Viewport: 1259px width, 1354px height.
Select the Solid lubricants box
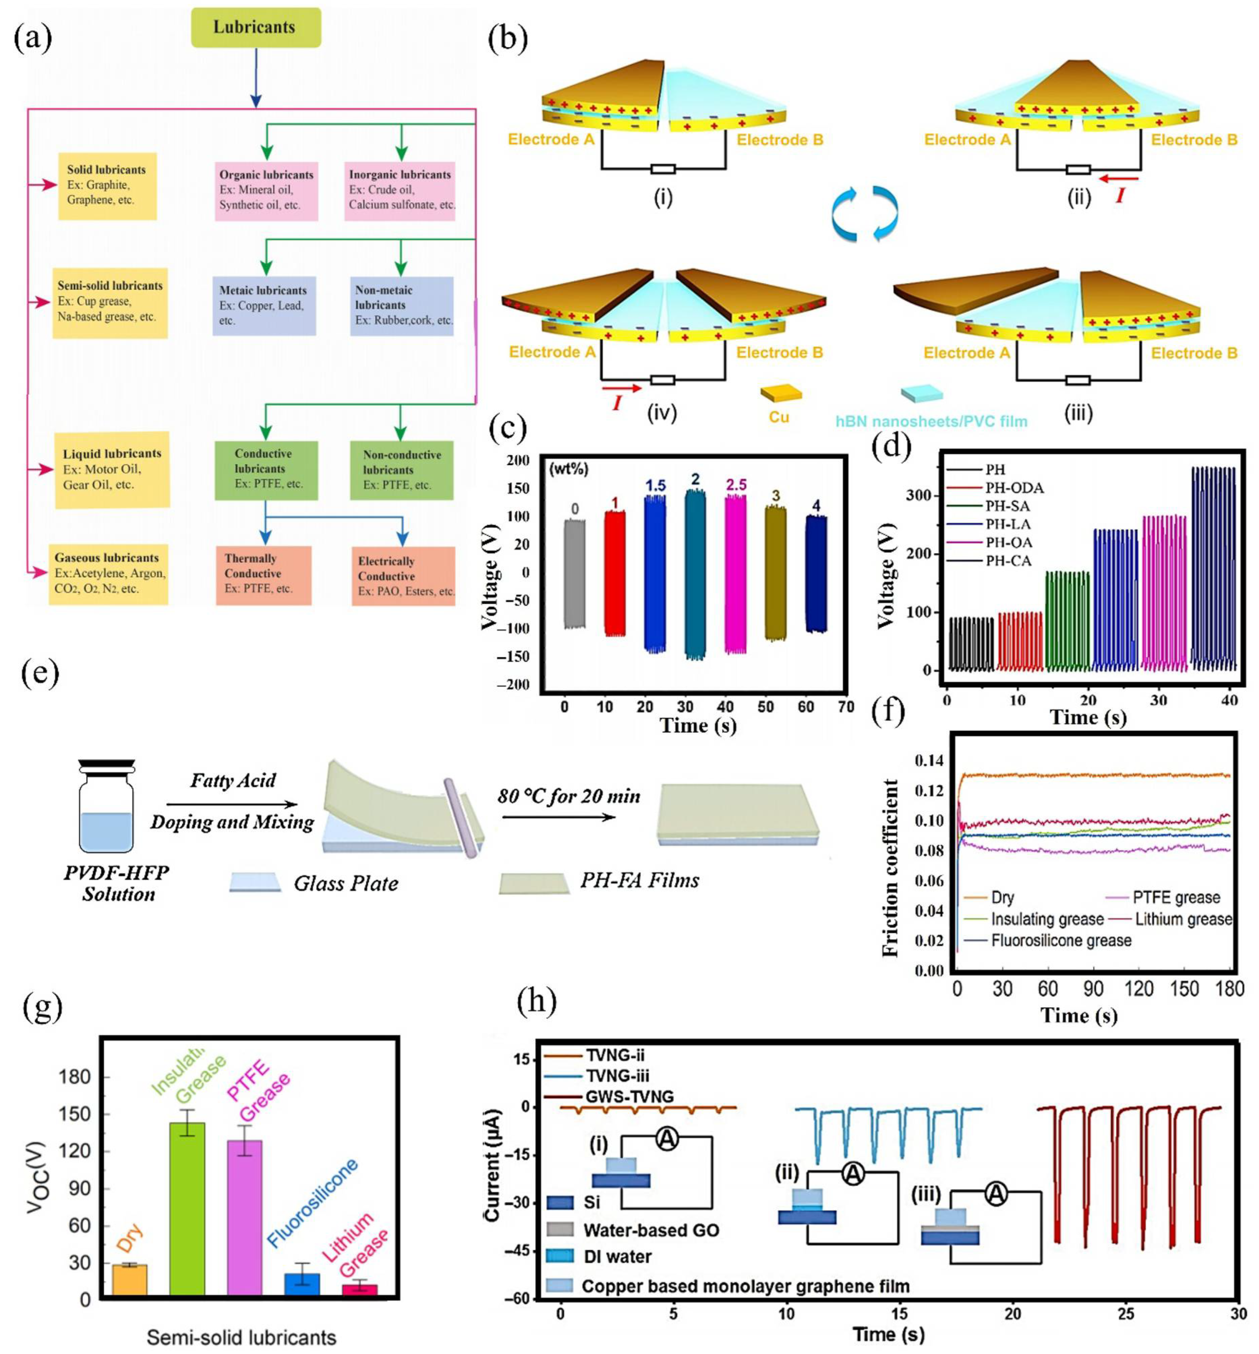click(x=107, y=185)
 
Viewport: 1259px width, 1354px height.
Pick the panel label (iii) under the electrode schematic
click(x=1078, y=413)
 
